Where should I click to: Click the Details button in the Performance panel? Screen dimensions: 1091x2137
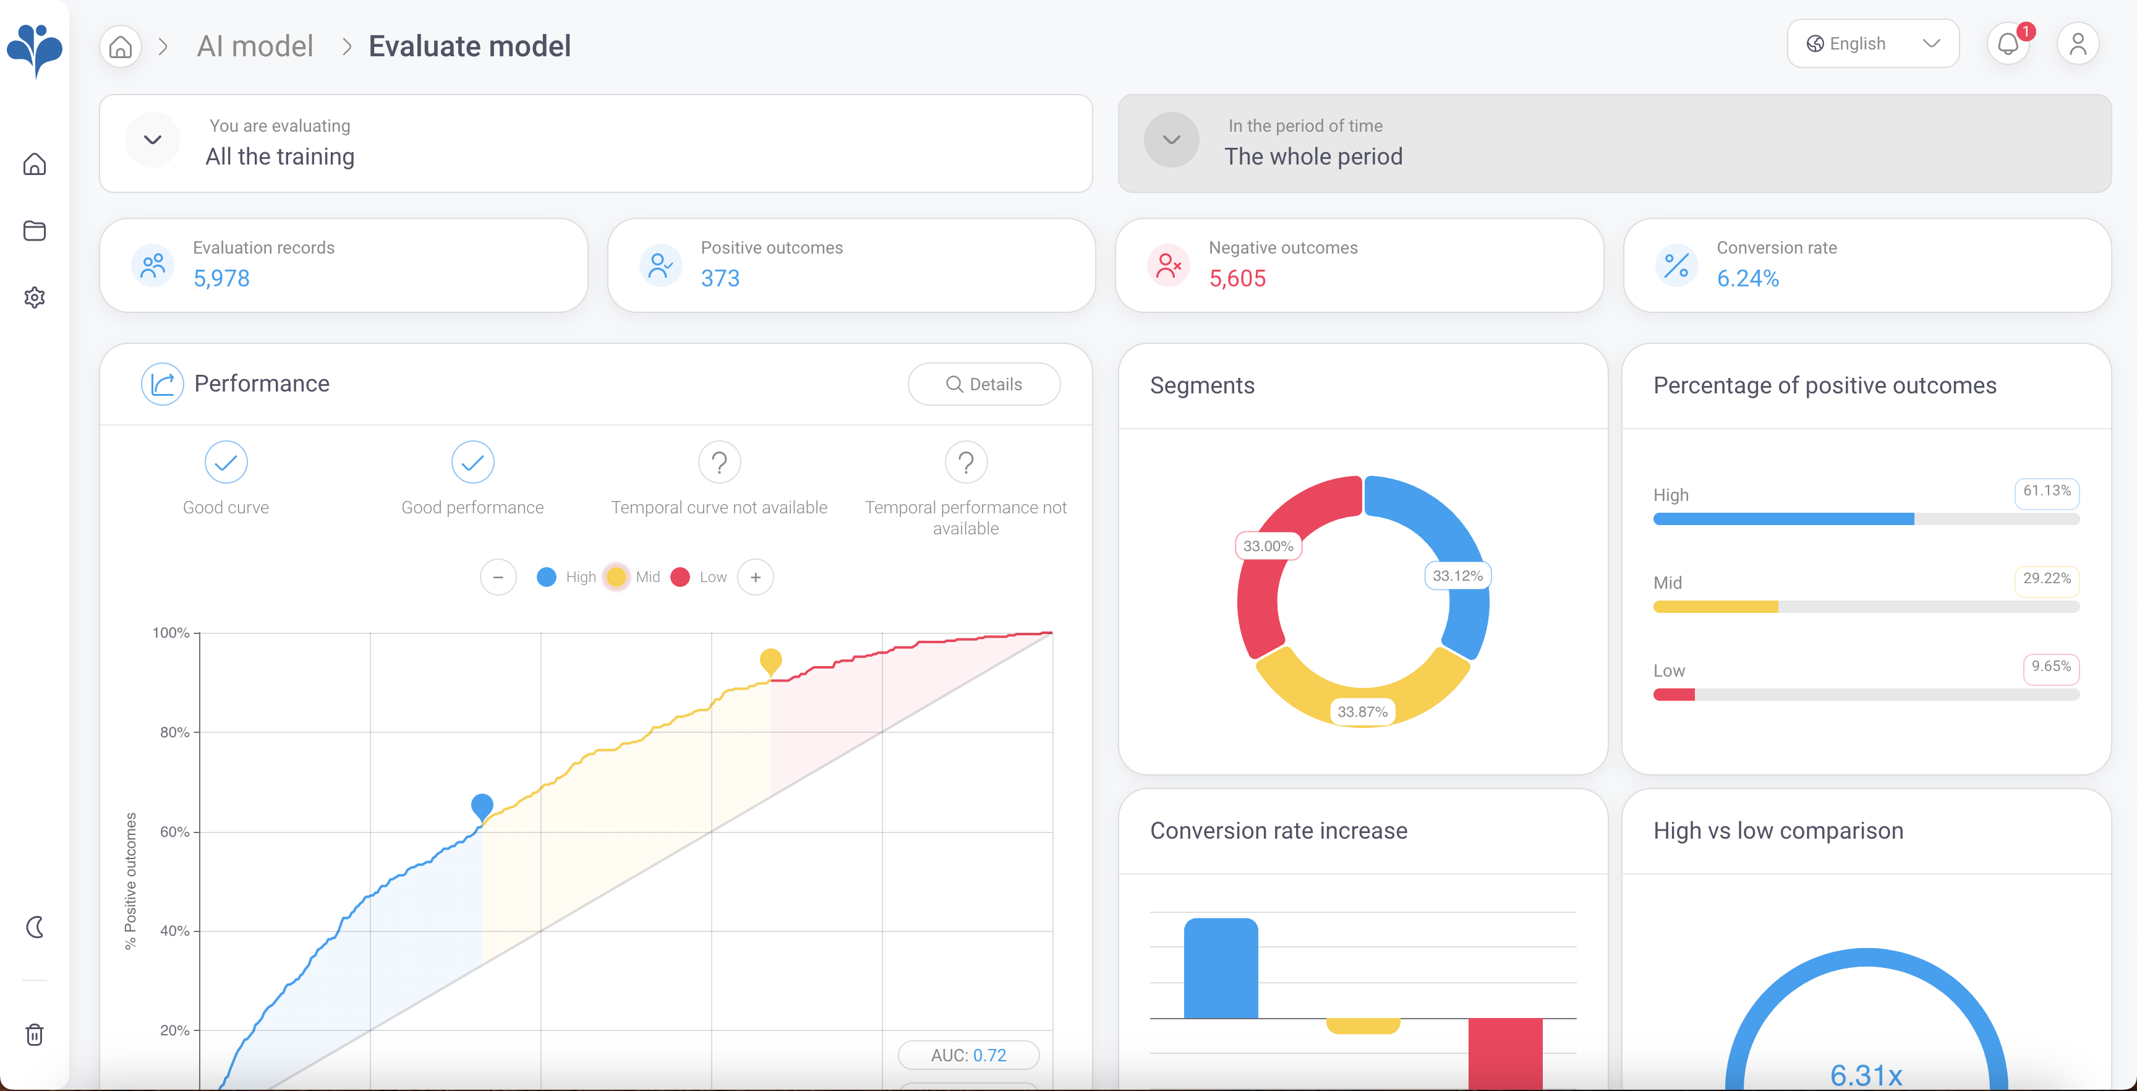[984, 384]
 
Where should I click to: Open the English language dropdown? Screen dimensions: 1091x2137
[1872, 44]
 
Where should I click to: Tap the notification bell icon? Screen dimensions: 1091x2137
[2008, 44]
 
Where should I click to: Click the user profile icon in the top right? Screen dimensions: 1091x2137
[2077, 44]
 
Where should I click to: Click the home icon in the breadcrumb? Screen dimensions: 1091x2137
[121, 46]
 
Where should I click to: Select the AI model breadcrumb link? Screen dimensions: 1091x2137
[255, 46]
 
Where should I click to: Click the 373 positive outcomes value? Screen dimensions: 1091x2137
[720, 278]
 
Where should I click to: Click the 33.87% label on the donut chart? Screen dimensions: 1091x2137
[1362, 712]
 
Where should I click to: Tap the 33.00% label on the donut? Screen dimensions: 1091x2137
[1268, 546]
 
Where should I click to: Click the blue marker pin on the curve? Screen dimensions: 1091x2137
[482, 805]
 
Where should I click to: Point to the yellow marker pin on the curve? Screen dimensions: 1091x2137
[770, 661]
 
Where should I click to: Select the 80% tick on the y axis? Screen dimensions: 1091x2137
[174, 732]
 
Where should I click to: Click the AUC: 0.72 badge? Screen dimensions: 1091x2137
[968, 1055]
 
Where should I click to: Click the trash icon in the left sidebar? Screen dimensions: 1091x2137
[35, 1035]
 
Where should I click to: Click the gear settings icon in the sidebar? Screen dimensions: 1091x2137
[35, 297]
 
